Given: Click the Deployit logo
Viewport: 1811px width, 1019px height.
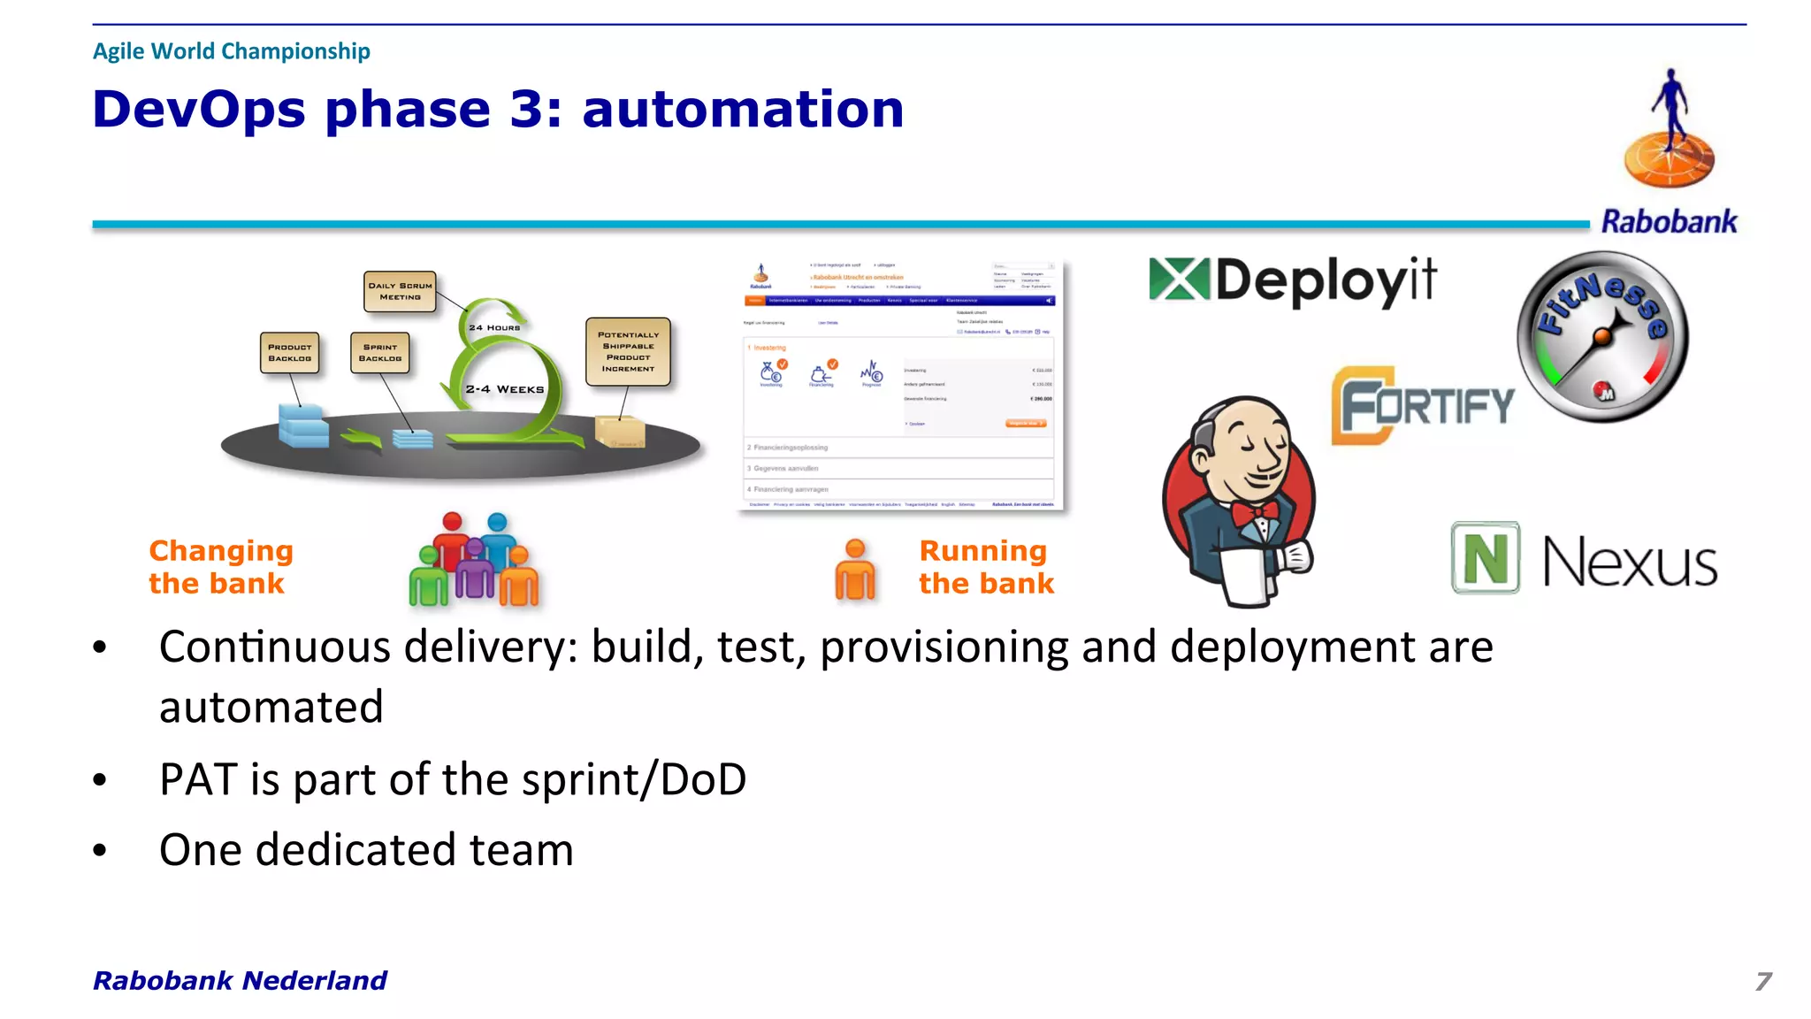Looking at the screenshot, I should (x=1293, y=281).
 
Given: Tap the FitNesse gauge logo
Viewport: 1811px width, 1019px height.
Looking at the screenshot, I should (x=1602, y=337).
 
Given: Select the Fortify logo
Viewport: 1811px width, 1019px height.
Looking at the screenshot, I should (x=1422, y=406).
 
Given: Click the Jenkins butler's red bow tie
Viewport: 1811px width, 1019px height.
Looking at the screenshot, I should (x=1256, y=512).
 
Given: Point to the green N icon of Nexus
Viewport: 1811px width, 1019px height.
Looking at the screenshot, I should (x=1485, y=558).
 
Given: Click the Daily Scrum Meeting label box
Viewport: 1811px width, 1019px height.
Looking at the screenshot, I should (x=400, y=292).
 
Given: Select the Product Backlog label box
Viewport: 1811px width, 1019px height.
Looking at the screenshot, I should (x=290, y=353).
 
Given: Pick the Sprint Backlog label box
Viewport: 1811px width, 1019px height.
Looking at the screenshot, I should (x=380, y=353).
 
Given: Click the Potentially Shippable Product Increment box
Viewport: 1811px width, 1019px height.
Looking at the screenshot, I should (x=628, y=352).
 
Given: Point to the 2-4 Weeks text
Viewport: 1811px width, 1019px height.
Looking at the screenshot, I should (x=505, y=389).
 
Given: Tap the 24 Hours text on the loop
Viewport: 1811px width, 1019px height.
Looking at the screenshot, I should (x=494, y=328).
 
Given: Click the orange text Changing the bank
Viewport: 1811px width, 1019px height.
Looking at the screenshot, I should (x=220, y=567).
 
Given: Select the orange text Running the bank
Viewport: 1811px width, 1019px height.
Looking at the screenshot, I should (x=986, y=567).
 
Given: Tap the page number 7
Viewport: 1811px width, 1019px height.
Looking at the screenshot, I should (x=1762, y=981).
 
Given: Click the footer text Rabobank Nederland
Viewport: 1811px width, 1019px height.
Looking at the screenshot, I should (x=240, y=980).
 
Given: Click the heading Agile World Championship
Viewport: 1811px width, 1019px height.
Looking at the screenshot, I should (x=232, y=51).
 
